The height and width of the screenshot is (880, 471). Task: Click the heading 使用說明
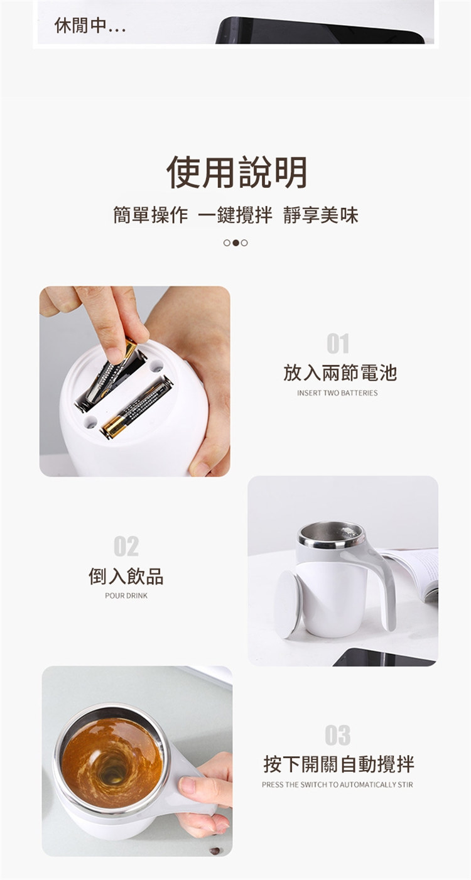(237, 173)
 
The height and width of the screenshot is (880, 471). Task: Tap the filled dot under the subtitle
(235, 243)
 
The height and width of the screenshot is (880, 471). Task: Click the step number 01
(337, 344)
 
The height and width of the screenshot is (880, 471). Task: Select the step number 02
(126, 546)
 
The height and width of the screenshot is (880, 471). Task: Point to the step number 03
(337, 735)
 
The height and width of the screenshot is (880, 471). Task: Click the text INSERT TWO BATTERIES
(337, 393)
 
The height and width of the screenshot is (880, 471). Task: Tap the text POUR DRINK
(126, 595)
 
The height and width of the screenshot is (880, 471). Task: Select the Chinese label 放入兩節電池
(340, 372)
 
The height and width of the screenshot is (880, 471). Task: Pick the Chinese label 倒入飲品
(126, 577)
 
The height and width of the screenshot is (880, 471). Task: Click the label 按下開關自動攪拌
(338, 764)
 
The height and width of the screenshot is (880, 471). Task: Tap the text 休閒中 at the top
(90, 26)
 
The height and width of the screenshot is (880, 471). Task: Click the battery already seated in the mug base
(138, 407)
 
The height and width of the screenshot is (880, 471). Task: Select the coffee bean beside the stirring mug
(215, 850)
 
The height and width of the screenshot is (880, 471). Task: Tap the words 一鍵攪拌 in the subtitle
(235, 215)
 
